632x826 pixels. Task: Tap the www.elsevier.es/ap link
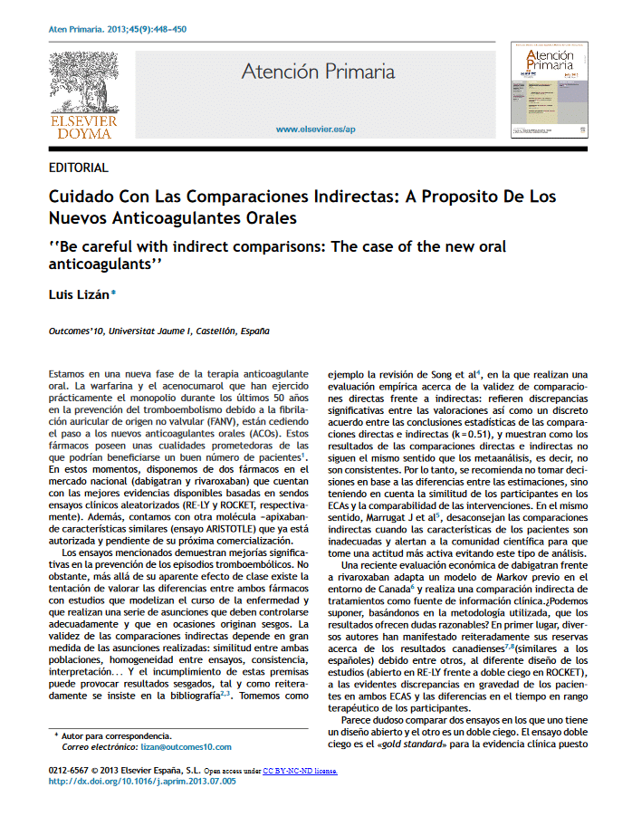pos(314,130)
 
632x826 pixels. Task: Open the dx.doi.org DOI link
pos(141,782)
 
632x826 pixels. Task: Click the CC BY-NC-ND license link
pos(300,771)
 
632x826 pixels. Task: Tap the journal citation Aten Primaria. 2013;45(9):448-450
pos(117,29)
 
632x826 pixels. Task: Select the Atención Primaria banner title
pos(318,72)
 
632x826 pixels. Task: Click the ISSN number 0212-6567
pos(74,771)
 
